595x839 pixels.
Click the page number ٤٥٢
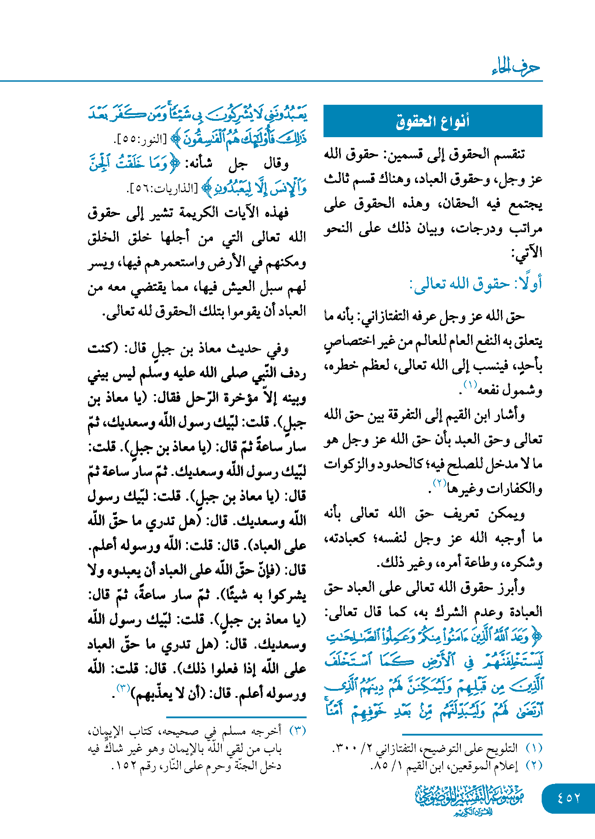[569, 798]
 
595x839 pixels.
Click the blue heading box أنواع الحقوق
[432, 121]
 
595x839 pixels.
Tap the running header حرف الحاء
[515, 67]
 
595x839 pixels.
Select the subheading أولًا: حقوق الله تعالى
[475, 284]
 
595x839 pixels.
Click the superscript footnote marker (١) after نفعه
[470, 384]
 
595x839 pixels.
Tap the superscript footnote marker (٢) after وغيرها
[439, 483]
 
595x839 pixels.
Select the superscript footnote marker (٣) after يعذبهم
[123, 688]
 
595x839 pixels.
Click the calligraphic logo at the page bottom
[469, 799]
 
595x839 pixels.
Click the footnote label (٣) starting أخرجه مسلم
[297, 731]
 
